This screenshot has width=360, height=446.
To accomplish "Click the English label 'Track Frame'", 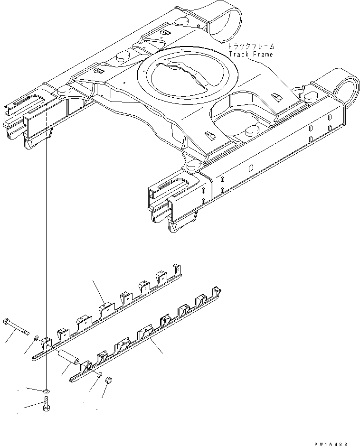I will pyautogui.click(x=251, y=55).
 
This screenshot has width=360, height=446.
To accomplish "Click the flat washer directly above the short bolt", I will pyautogui.click(x=45, y=390).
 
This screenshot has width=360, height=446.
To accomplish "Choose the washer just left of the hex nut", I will pyautogui.click(x=97, y=376).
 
